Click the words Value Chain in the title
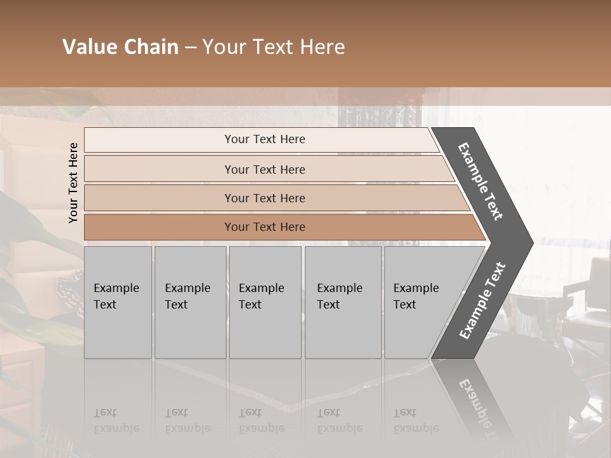[120, 47]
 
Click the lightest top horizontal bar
[264, 139]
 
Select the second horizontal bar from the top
[264, 169]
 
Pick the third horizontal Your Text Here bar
[264, 198]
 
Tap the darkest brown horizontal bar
[264, 227]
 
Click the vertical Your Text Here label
[73, 183]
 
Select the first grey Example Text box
[118, 302]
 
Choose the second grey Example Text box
[190, 302]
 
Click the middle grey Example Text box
[265, 302]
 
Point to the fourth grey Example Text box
[342, 302]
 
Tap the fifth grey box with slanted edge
[420, 302]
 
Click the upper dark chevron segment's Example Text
[481, 181]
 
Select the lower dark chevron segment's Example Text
[482, 300]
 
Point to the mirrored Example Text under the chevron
[481, 407]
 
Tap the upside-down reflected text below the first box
[116, 420]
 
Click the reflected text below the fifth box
[416, 420]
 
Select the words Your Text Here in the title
[274, 47]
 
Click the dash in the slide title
[190, 48]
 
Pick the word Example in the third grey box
[261, 288]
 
